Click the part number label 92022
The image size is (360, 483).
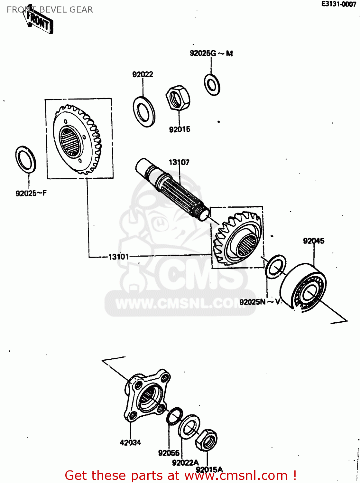(143, 74)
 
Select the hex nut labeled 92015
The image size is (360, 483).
(178, 98)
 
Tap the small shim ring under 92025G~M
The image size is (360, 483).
(212, 85)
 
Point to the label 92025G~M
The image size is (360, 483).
(211, 53)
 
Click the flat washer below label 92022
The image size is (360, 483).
(144, 111)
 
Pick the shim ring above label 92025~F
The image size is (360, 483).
(26, 159)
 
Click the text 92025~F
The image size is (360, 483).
(31, 193)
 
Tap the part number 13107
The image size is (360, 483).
(179, 162)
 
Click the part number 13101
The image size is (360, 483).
(119, 257)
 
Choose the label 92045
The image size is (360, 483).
(314, 241)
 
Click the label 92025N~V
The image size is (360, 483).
(260, 302)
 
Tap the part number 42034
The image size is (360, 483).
(130, 443)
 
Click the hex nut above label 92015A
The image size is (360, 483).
(206, 440)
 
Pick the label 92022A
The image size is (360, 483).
(185, 463)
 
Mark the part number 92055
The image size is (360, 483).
(169, 453)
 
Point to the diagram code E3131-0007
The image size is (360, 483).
(338, 4)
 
